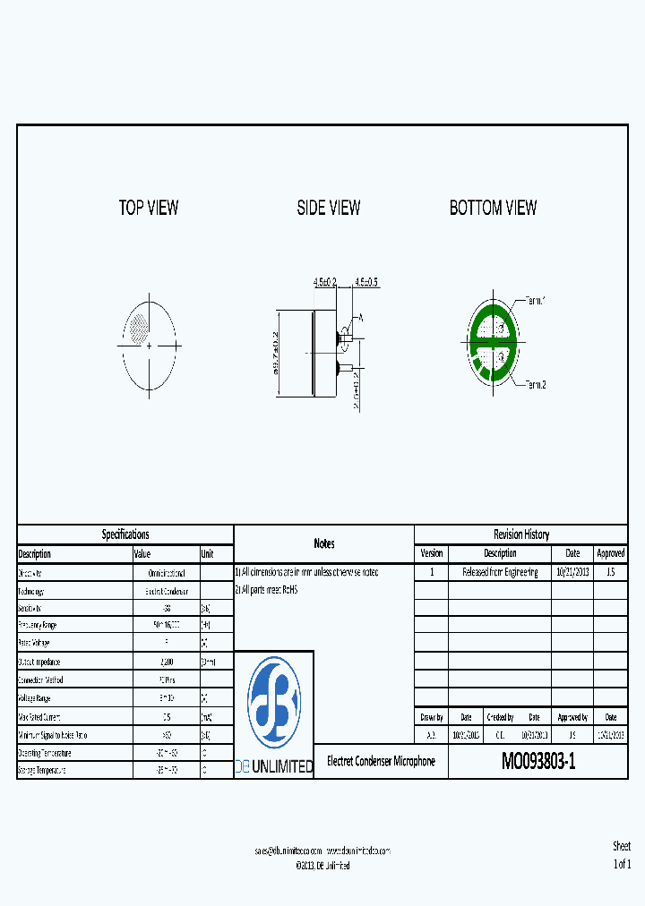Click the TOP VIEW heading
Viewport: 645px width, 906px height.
click(x=149, y=208)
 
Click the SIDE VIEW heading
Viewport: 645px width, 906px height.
click(x=329, y=208)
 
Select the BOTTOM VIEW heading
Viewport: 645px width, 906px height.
click(x=493, y=208)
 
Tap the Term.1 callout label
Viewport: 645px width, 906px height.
click(x=535, y=301)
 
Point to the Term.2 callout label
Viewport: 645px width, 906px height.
click(x=535, y=384)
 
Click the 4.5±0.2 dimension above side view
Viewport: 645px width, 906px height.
click(x=325, y=281)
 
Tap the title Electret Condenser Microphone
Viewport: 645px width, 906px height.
click(x=381, y=761)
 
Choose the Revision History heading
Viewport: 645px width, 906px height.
click(x=520, y=534)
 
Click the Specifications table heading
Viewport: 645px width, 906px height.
click(x=125, y=534)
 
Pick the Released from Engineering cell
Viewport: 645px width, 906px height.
click(x=500, y=572)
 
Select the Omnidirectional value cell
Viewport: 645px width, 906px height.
click(x=166, y=573)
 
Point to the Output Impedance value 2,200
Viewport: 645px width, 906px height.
click(x=166, y=662)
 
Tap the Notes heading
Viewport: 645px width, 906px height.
click(x=324, y=543)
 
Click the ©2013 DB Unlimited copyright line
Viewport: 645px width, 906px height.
click(x=322, y=866)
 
